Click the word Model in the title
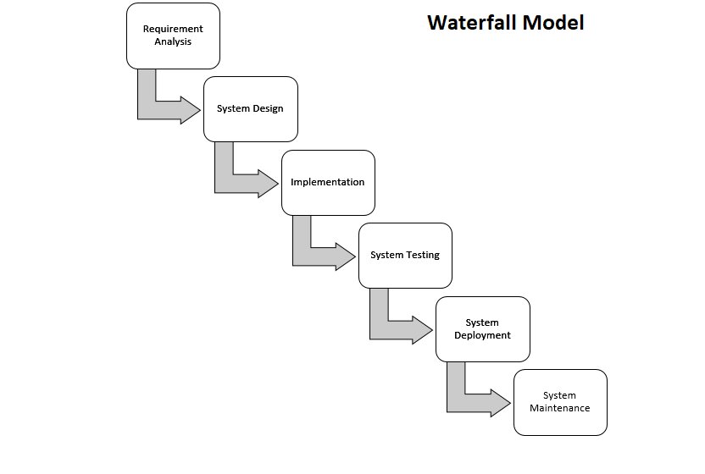(552, 22)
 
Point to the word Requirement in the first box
(173, 29)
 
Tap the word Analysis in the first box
(173, 41)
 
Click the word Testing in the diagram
(422, 255)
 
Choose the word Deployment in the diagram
(482, 335)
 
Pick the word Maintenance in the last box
(560, 408)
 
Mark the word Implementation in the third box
(328, 182)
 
